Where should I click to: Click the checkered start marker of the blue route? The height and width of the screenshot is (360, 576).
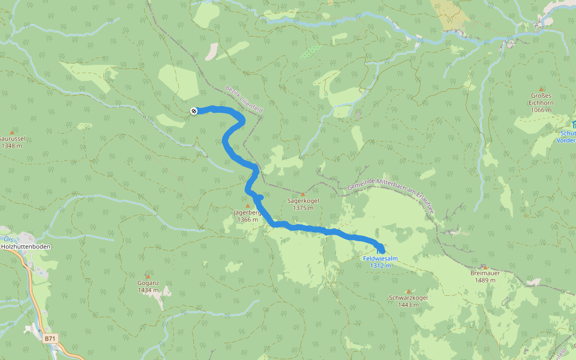193,110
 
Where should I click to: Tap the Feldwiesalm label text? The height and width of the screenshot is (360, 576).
380,259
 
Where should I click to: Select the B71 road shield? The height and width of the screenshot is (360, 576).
50,339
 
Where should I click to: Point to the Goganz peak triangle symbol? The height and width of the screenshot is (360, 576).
148,275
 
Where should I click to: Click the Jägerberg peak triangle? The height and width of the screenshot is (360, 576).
247,206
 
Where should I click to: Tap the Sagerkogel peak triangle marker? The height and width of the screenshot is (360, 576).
303,194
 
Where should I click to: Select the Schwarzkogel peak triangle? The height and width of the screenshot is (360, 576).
408,291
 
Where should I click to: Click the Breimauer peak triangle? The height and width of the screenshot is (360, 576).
485,267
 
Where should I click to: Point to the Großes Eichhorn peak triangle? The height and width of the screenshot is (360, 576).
541,89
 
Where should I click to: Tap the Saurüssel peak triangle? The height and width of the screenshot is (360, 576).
11,131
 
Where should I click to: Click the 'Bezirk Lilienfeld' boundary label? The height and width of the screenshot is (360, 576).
244,100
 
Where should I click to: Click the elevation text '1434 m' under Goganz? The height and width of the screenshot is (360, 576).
148,290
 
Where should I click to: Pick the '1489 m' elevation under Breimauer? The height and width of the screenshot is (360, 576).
485,280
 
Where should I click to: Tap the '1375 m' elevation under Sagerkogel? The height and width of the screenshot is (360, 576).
304,208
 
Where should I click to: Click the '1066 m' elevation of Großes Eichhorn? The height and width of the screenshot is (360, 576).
541,110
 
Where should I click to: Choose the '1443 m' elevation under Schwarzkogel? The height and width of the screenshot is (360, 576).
408,305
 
